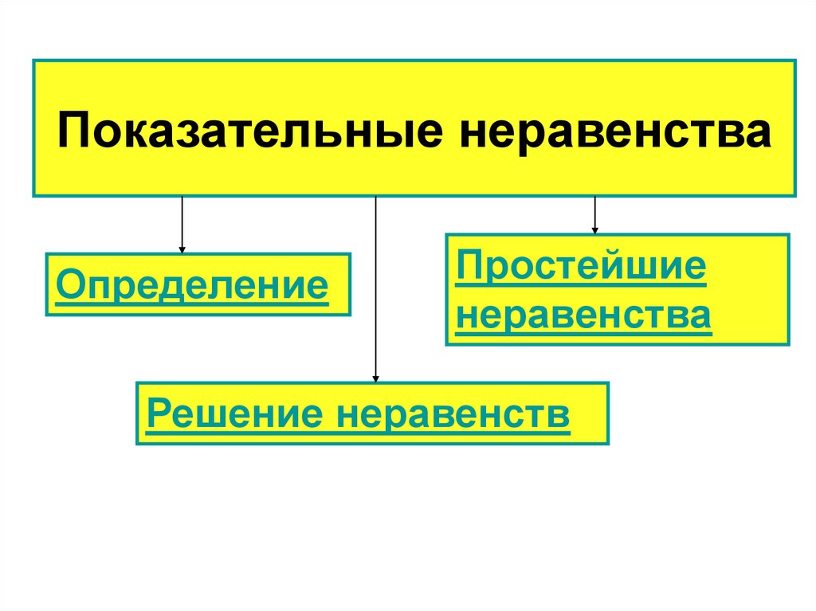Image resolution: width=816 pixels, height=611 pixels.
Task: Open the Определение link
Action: [x=191, y=284]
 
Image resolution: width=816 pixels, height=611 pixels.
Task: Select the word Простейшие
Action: [x=581, y=267]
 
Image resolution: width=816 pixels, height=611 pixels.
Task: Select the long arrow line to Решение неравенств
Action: [x=375, y=287]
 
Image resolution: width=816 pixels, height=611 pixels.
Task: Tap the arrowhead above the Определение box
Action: [x=182, y=249]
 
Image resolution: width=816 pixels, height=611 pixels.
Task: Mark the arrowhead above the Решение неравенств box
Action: [x=375, y=378]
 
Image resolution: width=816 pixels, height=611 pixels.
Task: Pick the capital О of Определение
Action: [x=67, y=284]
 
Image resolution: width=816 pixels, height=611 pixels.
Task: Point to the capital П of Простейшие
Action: [x=469, y=267]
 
